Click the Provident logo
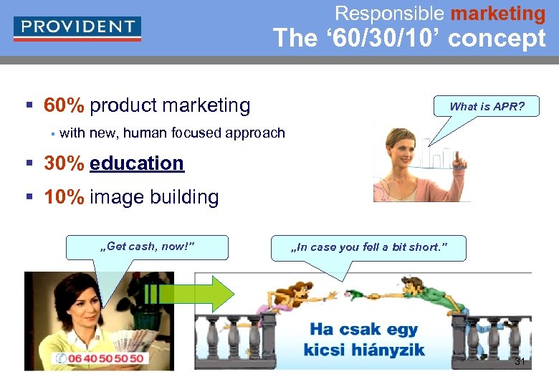click(77, 28)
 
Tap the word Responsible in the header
click(389, 13)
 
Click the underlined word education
click(137, 163)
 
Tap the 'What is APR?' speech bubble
click(487, 107)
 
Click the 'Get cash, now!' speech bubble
click(147, 247)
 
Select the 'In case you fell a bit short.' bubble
click(368, 247)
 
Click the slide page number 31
click(520, 362)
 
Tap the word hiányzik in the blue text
click(386, 350)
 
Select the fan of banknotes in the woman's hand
click(129, 337)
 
